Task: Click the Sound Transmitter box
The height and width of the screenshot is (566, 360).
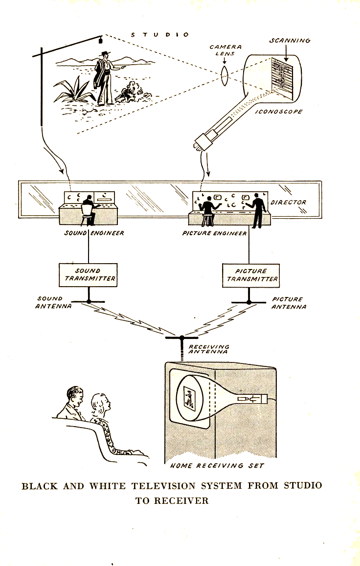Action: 88,274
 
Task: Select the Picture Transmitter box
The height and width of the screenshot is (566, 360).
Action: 251,275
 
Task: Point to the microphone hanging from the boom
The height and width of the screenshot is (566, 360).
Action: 100,39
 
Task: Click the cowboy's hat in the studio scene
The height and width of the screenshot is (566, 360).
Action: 104,55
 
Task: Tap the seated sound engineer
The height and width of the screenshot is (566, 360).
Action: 88,206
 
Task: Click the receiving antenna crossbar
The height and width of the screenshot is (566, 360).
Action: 181,338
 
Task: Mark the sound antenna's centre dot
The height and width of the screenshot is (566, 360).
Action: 89,301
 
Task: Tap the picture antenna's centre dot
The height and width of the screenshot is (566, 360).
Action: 248,302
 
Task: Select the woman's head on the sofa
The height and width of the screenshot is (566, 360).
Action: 101,403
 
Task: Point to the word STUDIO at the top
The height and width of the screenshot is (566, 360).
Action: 160,35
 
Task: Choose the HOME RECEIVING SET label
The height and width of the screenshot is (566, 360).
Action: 217,465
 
